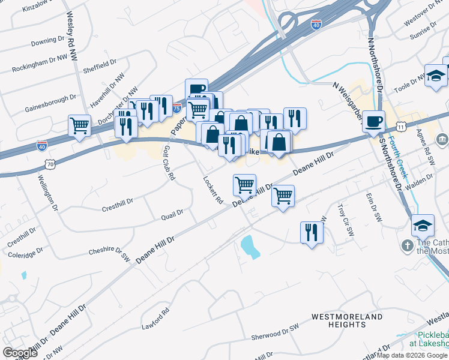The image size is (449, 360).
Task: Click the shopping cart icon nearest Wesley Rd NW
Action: point(79,126)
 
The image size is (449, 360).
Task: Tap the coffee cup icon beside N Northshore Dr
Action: point(374,121)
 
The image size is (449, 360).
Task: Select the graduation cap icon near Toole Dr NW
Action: point(436,76)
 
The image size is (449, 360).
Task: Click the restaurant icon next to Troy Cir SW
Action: point(312,232)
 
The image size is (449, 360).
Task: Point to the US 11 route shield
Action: point(400,127)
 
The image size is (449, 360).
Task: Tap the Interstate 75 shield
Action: point(176,109)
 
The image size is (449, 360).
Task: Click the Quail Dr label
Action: point(172,213)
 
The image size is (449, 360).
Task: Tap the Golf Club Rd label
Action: point(169,163)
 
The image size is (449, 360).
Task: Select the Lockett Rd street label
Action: point(213,189)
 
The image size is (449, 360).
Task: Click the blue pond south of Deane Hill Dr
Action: point(250,247)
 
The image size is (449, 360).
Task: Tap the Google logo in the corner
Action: point(20,352)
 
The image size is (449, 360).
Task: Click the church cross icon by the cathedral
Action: point(407,247)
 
